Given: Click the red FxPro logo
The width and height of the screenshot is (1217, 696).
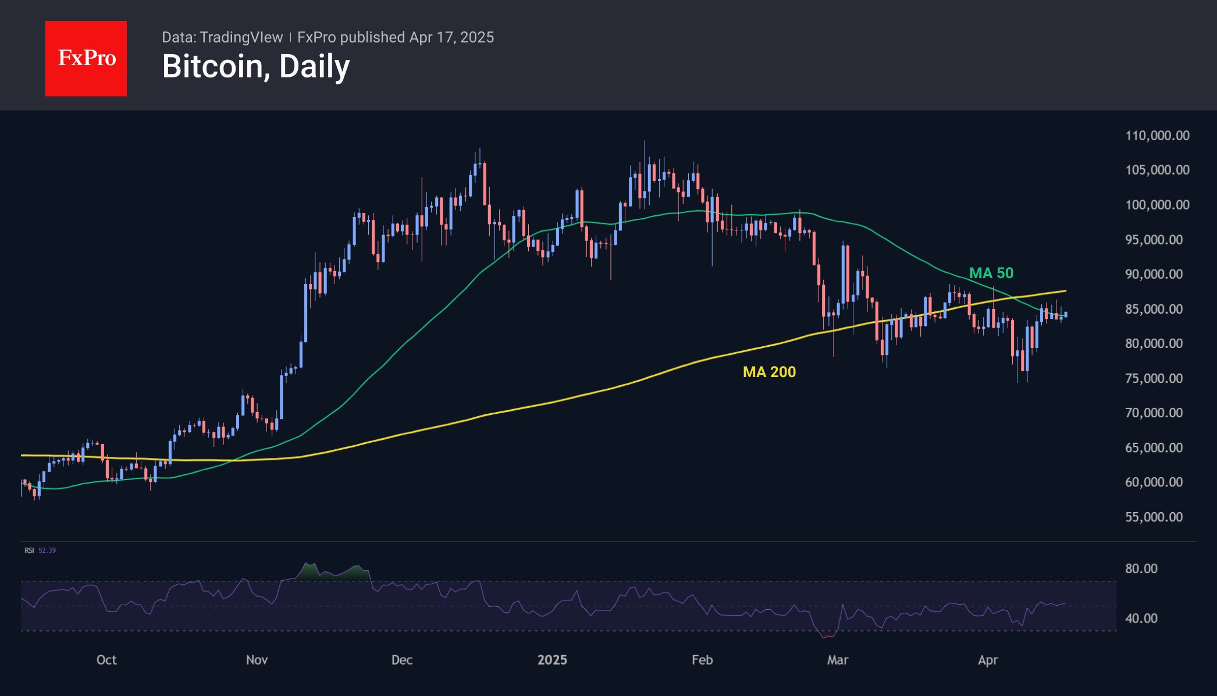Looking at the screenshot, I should coord(86,58).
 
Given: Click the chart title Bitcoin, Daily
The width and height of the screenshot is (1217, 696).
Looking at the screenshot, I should coord(256,66).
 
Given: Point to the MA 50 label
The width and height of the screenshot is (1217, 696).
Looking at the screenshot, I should coord(991,273).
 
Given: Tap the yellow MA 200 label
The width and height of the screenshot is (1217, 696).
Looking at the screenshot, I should coord(769,372).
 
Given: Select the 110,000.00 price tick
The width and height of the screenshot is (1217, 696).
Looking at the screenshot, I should coord(1157,136).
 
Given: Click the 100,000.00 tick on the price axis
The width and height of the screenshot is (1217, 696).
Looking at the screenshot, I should coord(1157,205).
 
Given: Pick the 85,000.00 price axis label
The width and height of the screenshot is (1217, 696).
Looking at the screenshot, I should coord(1154,309).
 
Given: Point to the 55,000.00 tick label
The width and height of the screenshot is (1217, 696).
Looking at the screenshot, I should coord(1154,517).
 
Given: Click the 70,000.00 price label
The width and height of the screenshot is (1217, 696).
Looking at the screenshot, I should coord(1154,413).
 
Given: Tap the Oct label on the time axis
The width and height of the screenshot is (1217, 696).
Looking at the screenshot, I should coord(106,660).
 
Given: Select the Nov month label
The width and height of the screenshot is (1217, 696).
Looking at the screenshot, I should coord(257,660).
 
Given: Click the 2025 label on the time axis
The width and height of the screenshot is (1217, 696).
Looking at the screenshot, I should coord(552,660).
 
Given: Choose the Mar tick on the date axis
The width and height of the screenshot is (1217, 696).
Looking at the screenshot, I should coord(838,660).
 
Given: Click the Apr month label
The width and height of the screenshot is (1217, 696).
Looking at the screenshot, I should coord(988,660).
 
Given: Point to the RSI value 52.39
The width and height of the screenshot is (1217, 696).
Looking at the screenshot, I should coord(47,551).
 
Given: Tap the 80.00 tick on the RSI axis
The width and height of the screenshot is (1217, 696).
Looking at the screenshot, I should coord(1141,569).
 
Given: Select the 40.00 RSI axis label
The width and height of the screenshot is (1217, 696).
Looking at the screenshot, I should coord(1141,618).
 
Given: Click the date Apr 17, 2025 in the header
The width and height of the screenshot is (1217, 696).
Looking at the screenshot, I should coord(451,37).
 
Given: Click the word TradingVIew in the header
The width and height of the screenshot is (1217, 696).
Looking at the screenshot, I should coord(241,37).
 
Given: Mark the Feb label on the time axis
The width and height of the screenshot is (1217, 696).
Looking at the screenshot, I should coord(702,660).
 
